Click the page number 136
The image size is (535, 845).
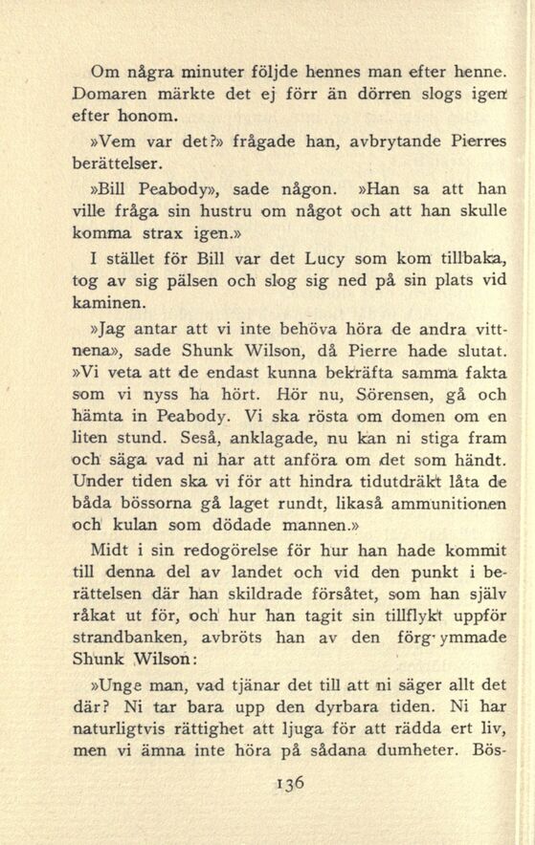(286, 781)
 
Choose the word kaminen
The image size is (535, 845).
(107, 306)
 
